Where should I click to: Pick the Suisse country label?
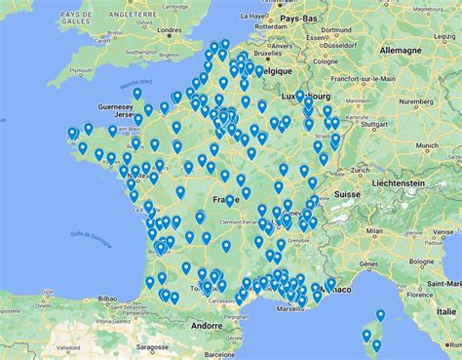[348, 194]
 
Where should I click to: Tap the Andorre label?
[207, 325]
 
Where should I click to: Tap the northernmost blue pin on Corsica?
[380, 315]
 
